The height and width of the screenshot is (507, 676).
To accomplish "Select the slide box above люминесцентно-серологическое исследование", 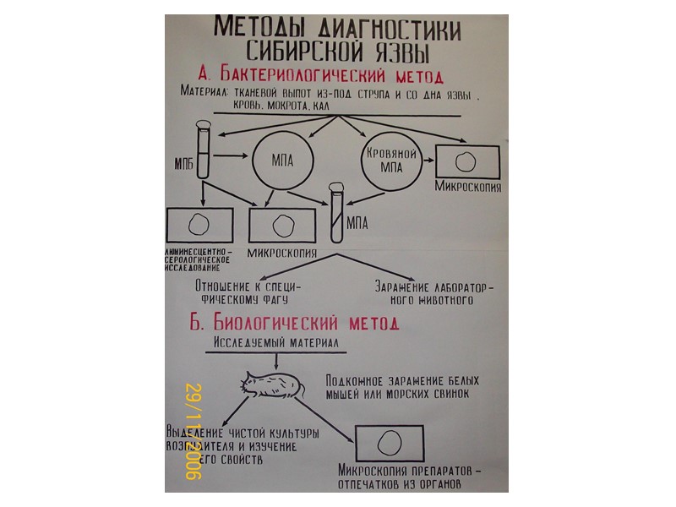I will pos(199,226).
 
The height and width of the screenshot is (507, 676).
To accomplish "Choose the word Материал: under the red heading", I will pos(203,93).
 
